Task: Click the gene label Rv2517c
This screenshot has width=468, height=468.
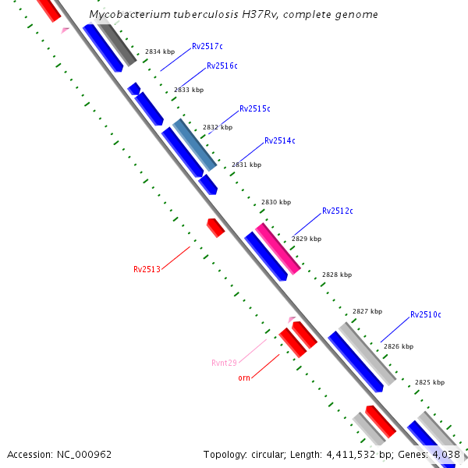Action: (x=207, y=46)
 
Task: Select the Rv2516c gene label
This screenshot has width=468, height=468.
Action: (x=222, y=66)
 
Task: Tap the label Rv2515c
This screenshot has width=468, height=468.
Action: (x=255, y=108)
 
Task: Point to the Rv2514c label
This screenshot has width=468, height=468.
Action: (x=280, y=140)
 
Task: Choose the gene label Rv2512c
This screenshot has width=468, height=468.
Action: (x=338, y=211)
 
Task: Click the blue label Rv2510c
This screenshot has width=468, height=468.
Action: (x=426, y=314)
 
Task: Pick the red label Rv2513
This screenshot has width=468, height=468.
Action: (x=147, y=269)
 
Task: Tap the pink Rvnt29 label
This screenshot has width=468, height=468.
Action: (x=224, y=363)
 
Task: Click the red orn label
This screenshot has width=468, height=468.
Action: (x=244, y=378)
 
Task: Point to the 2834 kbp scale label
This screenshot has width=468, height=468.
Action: (x=160, y=51)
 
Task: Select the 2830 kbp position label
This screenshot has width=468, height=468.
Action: (x=276, y=202)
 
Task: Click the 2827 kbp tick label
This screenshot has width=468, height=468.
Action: (x=367, y=311)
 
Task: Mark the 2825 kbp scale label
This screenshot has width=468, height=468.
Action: (x=430, y=382)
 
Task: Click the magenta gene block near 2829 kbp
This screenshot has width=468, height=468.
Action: (x=278, y=249)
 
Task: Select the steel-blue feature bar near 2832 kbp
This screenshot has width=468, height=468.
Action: (x=194, y=145)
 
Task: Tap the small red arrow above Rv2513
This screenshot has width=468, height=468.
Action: (x=215, y=228)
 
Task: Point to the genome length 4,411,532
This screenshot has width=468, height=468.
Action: (x=351, y=455)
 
